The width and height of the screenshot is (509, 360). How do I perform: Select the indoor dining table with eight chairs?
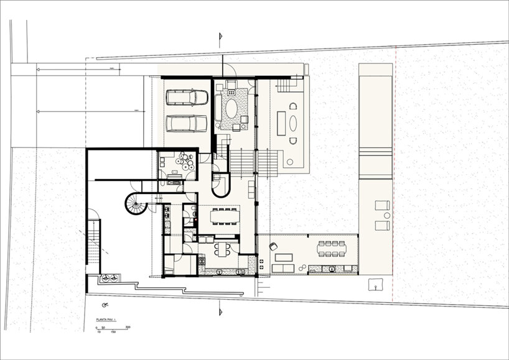[225, 217]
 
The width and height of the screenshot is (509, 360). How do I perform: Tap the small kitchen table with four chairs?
[222, 248]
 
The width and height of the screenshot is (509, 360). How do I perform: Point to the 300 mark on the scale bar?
[127, 326]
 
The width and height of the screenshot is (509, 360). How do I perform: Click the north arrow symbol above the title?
[105, 305]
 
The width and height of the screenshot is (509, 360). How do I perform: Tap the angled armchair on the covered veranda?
[272, 246]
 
